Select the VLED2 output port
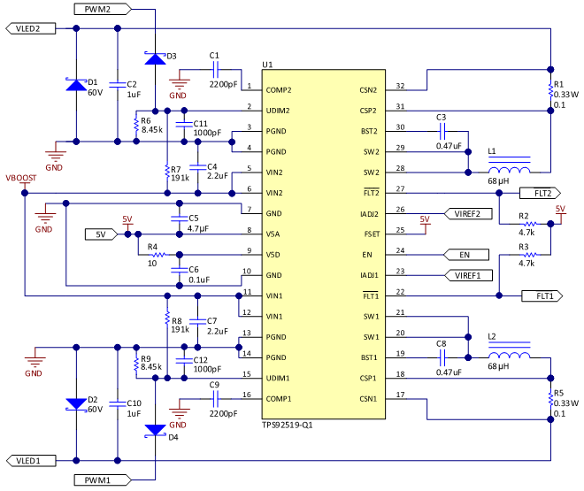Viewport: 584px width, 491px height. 35,28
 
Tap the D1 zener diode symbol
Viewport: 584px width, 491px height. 76,85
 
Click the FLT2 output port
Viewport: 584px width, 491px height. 542,192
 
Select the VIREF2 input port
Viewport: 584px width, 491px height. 465,213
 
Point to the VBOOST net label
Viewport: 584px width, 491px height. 21,178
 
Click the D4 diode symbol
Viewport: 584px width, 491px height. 156,431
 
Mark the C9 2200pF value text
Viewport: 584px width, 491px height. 222,412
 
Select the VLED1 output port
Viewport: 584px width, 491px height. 35,461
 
